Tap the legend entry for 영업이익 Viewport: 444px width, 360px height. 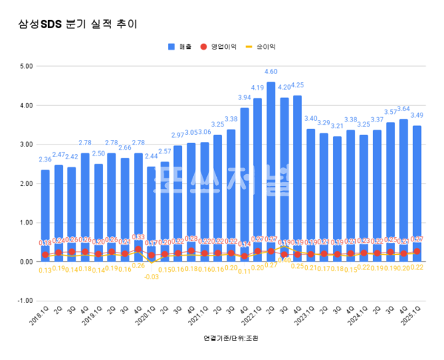pos(221,46)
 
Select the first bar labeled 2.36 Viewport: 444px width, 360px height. pos(45,215)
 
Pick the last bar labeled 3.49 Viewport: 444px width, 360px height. pos(416,193)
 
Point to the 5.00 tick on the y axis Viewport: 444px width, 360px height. pos(27,66)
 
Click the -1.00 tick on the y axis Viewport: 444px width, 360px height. pos(26,301)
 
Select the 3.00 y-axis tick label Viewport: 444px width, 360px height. pos(27,144)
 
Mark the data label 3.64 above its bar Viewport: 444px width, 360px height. pos(403,110)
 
